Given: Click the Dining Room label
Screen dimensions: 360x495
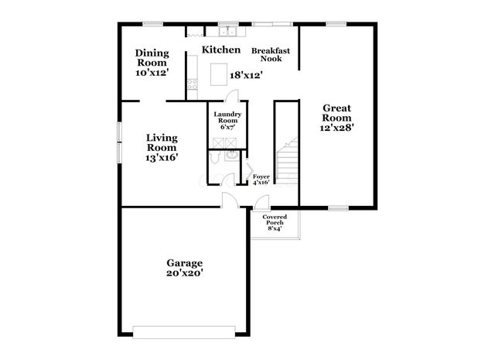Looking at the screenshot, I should pyautogui.click(x=152, y=57).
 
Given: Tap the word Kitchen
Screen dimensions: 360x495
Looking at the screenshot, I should pyautogui.click(x=220, y=50).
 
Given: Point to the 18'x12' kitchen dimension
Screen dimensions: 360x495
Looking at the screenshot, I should pyautogui.click(x=247, y=75).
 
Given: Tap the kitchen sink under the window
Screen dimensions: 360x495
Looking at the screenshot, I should pyautogui.click(x=227, y=33).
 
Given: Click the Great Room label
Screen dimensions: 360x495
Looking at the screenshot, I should pyautogui.click(x=337, y=114).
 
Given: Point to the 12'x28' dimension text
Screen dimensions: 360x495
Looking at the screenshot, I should pyautogui.click(x=337, y=128).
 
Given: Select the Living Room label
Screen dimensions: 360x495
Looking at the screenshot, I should pyautogui.click(x=162, y=142).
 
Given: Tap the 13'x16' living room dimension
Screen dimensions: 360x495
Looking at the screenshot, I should pyautogui.click(x=162, y=157).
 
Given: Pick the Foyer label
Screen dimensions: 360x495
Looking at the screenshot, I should pyautogui.click(x=261, y=177).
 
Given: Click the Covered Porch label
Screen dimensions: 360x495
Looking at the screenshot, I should pyautogui.click(x=275, y=219).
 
